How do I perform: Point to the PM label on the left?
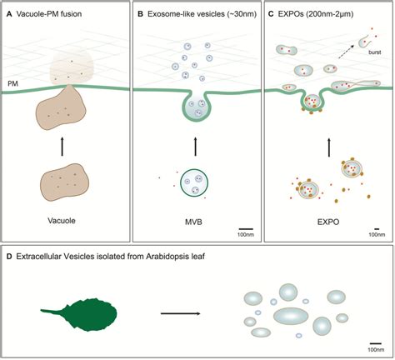13,83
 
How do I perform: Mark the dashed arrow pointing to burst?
350,50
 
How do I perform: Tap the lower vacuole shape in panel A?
65,180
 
